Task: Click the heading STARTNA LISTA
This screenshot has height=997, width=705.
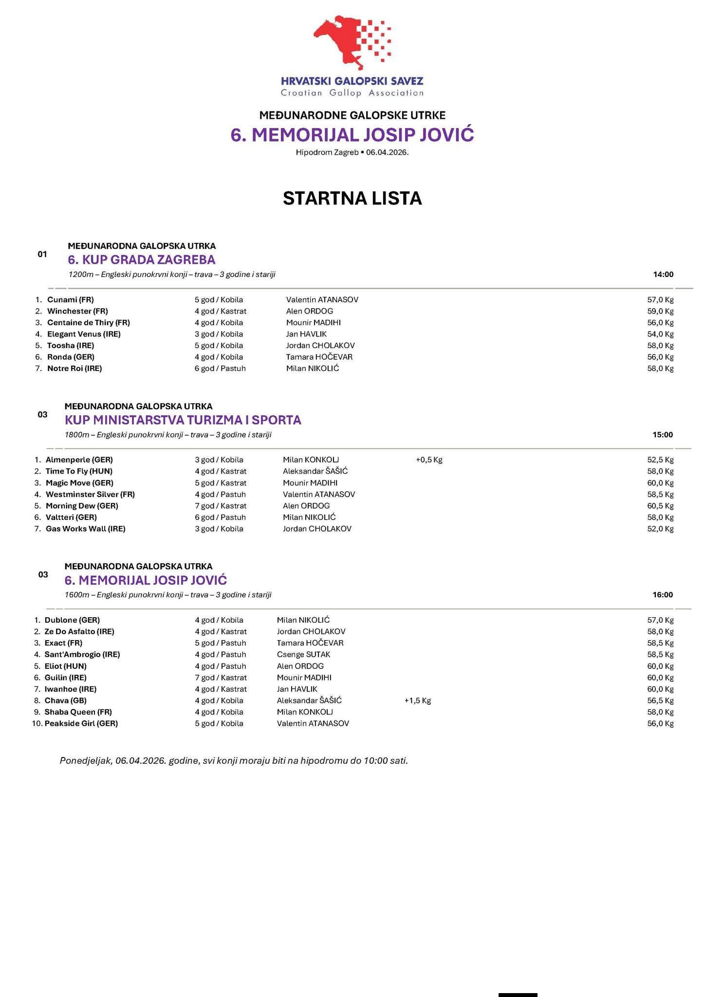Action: coord(352,199)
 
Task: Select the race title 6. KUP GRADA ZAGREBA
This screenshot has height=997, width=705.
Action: coord(141,259)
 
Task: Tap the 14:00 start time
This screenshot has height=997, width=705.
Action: coord(663,275)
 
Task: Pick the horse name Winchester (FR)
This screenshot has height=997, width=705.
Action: coord(77,311)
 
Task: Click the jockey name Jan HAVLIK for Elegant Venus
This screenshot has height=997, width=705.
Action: coord(306,334)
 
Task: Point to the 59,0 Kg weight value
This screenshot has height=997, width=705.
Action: coord(660,311)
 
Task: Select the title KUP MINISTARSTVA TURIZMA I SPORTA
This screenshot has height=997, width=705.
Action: coord(183,420)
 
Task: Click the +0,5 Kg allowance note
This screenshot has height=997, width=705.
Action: coord(429,460)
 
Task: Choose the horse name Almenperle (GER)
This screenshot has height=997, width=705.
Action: coord(79,460)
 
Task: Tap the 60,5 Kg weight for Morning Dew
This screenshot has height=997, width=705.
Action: coord(660,506)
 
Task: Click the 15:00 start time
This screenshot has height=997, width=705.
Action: coord(663,435)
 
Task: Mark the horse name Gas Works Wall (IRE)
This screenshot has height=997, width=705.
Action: coord(85,529)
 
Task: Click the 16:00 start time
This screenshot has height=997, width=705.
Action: coord(663,595)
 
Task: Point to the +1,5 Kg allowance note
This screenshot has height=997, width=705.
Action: coord(418,701)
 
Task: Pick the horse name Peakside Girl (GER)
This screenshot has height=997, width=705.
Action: coord(81,723)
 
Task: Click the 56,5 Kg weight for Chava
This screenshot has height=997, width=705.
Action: coord(660,701)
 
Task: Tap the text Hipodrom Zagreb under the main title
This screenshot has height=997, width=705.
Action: coord(327,152)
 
